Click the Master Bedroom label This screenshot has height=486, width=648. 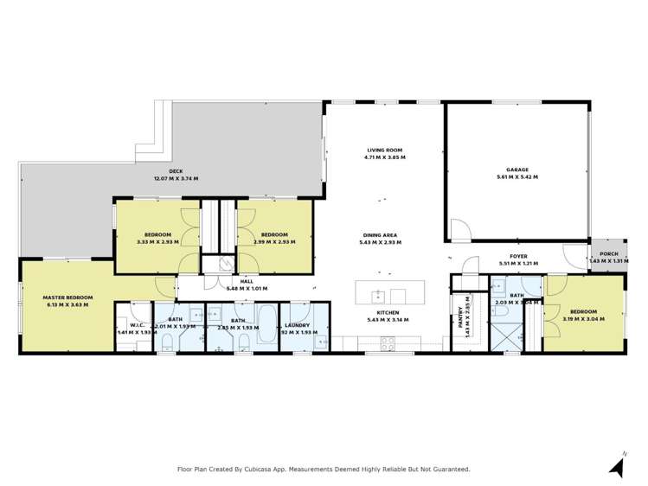point(67,297)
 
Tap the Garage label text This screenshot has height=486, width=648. point(517,170)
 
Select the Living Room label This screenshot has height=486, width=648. point(385,151)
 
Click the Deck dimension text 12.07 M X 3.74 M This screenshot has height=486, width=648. point(176,178)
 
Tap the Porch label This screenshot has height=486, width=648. point(608,253)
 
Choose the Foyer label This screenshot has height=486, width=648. point(518,256)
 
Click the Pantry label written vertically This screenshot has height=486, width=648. point(459,320)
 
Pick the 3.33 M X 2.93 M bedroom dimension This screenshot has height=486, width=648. point(157,242)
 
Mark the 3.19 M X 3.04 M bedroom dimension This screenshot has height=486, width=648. point(582,319)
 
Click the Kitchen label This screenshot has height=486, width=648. point(385,312)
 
